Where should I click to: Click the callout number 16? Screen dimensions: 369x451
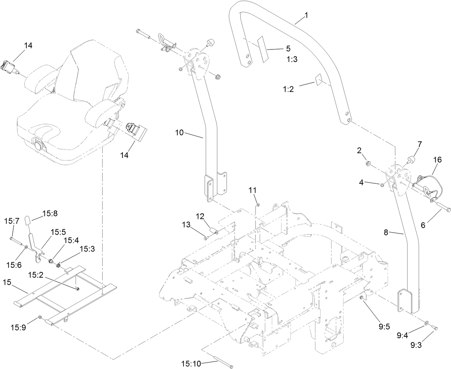(438, 160)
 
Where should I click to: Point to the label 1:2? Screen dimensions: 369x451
(288, 89)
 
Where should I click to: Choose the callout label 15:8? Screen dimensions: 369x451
(50, 214)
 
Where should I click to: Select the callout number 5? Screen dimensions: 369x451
(288, 48)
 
